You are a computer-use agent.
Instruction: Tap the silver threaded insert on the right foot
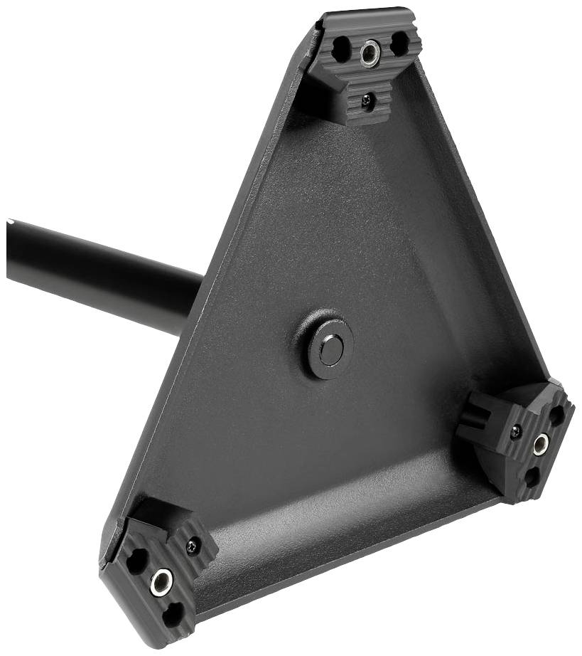pyautogui.click(x=541, y=444)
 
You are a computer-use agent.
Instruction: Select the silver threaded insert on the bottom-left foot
pyautogui.click(x=161, y=581)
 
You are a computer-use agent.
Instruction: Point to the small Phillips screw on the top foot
pyautogui.click(x=367, y=100)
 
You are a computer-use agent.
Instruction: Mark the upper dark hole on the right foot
pyautogui.click(x=556, y=416)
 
